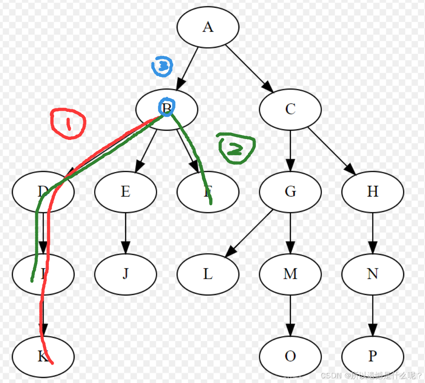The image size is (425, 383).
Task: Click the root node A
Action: click(208, 27)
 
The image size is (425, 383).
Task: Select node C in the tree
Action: click(290, 109)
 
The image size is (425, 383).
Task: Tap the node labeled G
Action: click(290, 191)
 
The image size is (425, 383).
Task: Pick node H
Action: click(372, 191)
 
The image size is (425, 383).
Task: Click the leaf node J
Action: click(125, 274)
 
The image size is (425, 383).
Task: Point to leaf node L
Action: click(208, 274)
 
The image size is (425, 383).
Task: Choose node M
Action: click(290, 274)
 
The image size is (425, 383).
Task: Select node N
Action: click(372, 274)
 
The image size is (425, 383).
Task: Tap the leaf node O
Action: click(290, 356)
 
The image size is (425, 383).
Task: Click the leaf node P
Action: click(372, 356)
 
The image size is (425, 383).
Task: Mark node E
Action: click(125, 191)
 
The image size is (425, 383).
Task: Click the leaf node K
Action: click(43, 356)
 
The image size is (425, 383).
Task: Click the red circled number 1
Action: click(68, 123)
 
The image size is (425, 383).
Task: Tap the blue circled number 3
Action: click(163, 66)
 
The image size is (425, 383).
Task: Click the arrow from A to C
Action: click(249, 68)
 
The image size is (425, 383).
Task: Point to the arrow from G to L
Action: click(249, 233)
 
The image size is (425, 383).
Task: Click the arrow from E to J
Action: click(125, 232)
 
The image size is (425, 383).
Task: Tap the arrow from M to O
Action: click(290, 315)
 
